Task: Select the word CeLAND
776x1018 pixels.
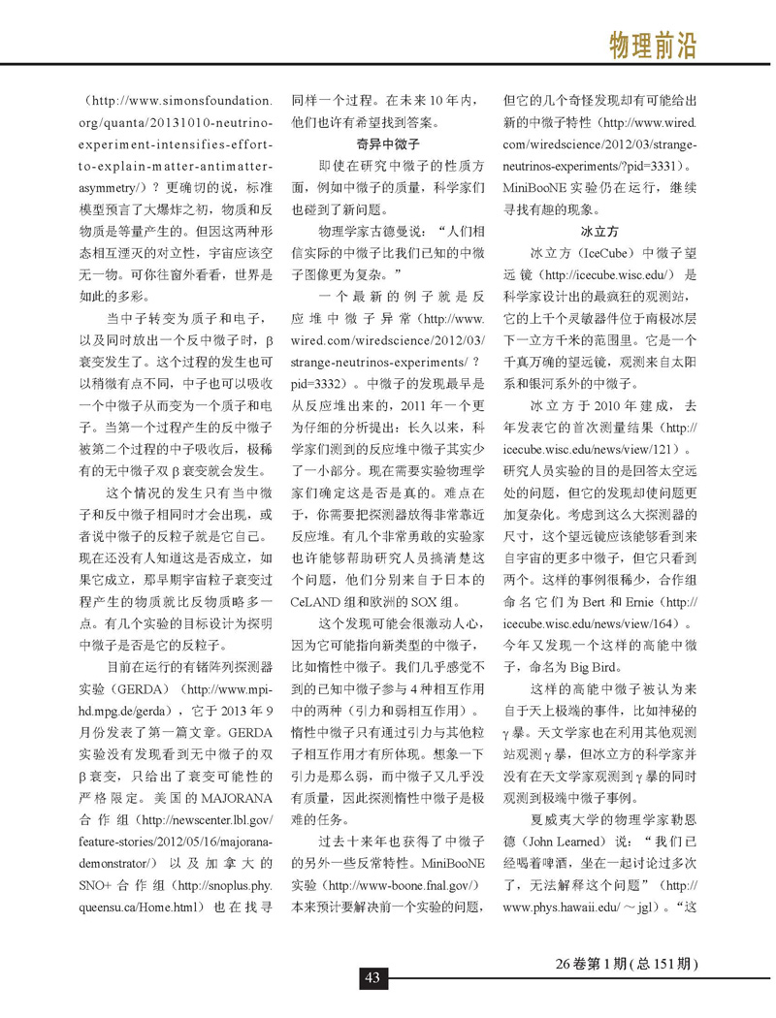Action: pos(321,601)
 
